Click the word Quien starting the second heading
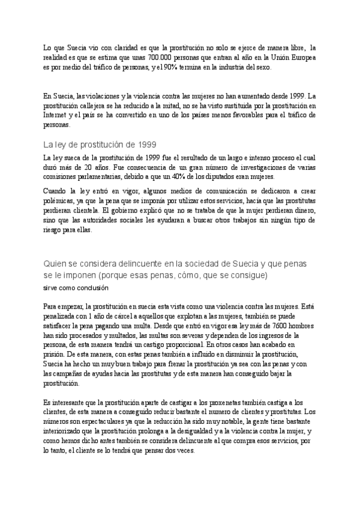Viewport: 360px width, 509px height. click(x=55, y=265)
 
